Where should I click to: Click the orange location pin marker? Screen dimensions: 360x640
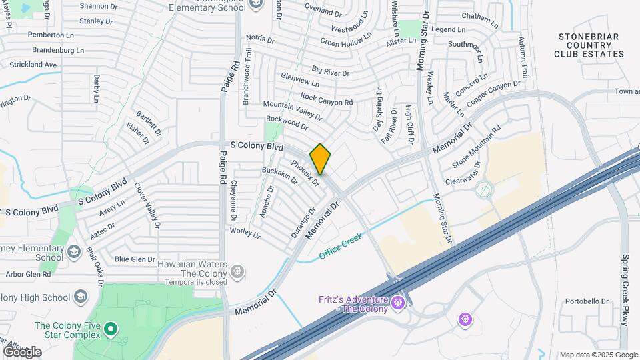pos(321,159)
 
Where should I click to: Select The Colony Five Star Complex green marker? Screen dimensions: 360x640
pos(111,329)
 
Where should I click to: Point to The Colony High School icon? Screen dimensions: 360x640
pos(80,297)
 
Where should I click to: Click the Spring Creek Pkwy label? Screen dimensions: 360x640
pos(625,289)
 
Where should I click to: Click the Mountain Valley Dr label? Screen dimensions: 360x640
pos(292,110)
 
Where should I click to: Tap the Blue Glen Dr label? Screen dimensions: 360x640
pos(135,259)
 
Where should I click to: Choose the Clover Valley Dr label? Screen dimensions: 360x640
pos(147,207)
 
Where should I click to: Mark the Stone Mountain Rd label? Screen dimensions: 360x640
pos(476,147)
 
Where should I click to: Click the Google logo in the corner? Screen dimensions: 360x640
pos(22,351)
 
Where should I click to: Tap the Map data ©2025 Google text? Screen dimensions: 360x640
pos(598,355)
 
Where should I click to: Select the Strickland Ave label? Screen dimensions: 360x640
pos(33,65)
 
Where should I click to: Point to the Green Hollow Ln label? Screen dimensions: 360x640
pos(345,41)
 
